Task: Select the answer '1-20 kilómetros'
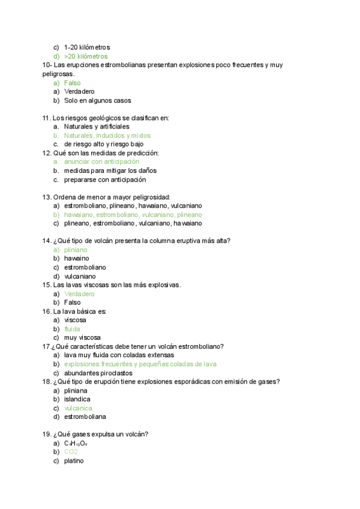point(87,47)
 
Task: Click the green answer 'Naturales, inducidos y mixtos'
point(107,136)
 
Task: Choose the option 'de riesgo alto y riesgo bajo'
point(104,144)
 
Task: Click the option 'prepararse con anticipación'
point(105,179)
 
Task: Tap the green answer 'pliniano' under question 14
point(76,249)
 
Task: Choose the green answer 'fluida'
point(72,329)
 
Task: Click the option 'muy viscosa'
point(82,337)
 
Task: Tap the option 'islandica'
point(77,399)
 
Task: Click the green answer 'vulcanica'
point(78,408)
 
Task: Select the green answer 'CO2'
point(71,451)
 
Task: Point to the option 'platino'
point(74,460)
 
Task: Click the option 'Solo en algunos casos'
point(97,100)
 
